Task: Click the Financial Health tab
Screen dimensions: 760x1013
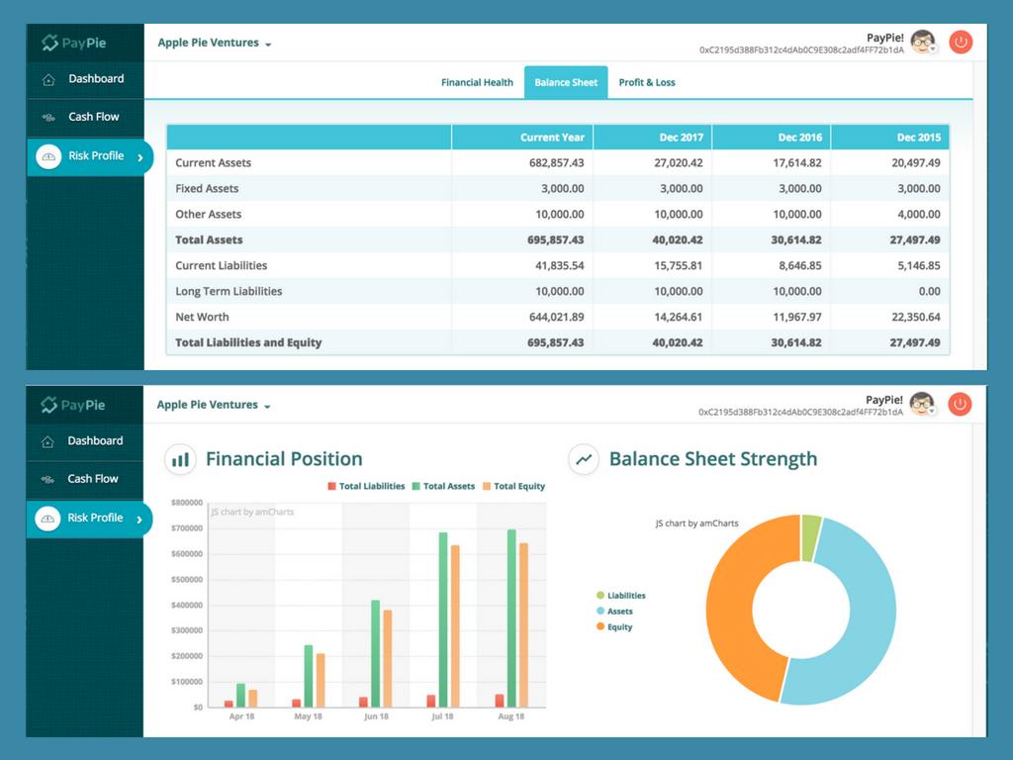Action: click(x=477, y=82)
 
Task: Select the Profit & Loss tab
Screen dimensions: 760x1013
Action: click(x=647, y=82)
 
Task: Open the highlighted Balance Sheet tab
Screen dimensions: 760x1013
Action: click(x=566, y=82)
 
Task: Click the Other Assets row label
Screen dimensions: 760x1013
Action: click(x=209, y=215)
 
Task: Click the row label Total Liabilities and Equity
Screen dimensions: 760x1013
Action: click(x=248, y=343)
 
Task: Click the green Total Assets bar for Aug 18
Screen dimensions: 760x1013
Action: click(x=511, y=618)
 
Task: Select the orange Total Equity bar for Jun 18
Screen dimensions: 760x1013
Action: click(x=389, y=658)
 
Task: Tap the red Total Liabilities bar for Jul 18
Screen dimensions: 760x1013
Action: click(x=431, y=701)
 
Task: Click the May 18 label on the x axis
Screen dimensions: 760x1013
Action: click(x=309, y=716)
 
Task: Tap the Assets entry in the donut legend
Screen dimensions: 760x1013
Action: click(x=619, y=612)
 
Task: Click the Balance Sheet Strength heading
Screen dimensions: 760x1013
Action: click(x=712, y=459)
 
